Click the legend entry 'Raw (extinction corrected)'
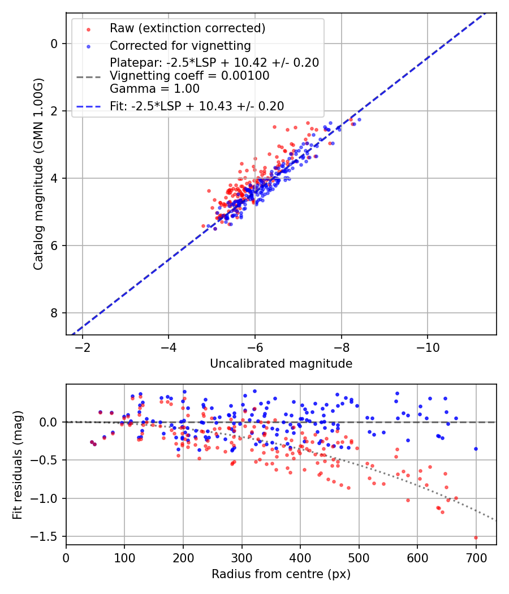187,28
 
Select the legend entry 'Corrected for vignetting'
180,45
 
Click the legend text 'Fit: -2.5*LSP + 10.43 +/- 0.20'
197,106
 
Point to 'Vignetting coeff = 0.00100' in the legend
189,76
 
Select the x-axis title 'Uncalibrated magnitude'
281,364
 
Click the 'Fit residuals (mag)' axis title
18,464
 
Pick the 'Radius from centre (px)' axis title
281,574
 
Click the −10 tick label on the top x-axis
428,347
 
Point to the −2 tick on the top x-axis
83,347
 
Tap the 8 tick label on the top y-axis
55,313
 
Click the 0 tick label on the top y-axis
55,44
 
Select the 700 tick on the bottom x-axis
476,557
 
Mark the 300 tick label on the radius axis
241,557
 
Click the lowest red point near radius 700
476,537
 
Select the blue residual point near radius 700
476,449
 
